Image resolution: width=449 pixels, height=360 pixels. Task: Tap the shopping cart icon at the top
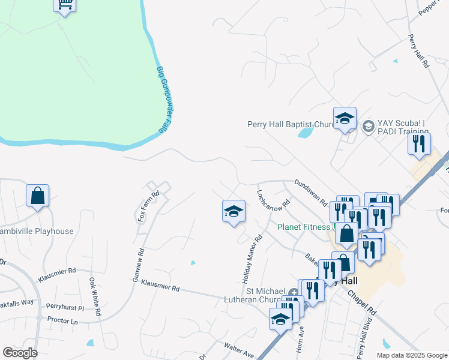pyautogui.click(x=64, y=5)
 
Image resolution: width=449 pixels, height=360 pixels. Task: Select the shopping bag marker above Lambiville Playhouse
pyautogui.click(x=37, y=196)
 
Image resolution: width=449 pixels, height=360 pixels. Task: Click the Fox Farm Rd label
pyautogui.click(x=148, y=206)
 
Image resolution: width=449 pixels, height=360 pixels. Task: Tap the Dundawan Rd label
pyautogui.click(x=310, y=191)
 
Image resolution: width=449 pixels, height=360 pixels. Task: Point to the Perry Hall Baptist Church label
pyautogui.click(x=290, y=125)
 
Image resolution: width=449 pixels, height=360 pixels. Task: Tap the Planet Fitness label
pyautogui.click(x=304, y=227)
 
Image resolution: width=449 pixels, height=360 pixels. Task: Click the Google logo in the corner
pyautogui.click(x=20, y=353)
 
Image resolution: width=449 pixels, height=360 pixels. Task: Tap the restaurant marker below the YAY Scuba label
pyautogui.click(x=418, y=144)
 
